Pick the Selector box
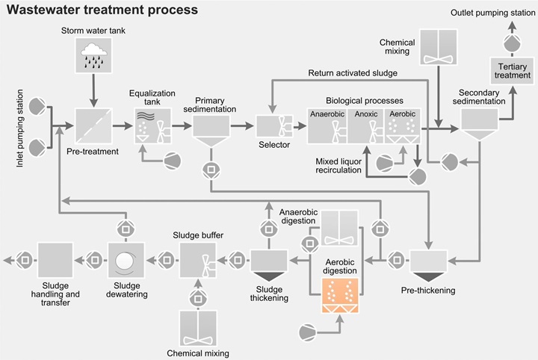(x=273, y=125)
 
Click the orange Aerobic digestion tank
(x=340, y=294)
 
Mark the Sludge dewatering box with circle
(x=126, y=261)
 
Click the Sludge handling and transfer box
(x=56, y=261)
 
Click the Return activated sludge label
(x=352, y=73)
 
